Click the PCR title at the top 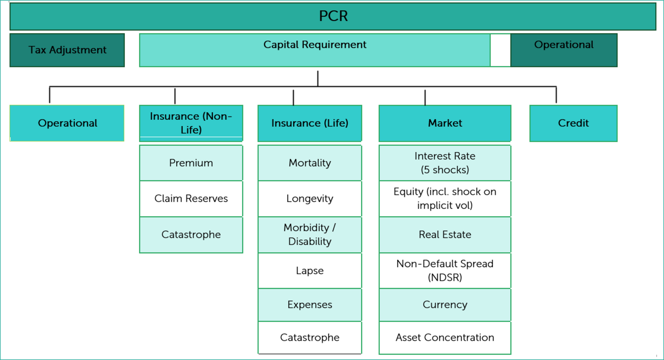coord(333,16)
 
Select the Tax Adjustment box coord(67,50)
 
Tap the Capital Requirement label coord(315,44)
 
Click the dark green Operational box coord(564,50)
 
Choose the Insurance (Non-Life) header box coord(191,123)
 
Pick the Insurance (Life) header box coord(310,123)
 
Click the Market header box coord(445,123)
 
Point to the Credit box coord(573,123)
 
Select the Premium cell coord(191,163)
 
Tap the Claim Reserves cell coord(191,199)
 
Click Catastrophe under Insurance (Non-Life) coord(191,235)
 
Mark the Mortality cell coord(310,163)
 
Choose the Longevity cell coord(310,199)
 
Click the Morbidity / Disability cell coord(310,235)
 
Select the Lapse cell coord(310,271)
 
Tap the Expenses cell coord(310,305)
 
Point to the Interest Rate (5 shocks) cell coord(445,163)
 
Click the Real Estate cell coord(445,235)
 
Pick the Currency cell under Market coord(445,305)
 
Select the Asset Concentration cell coord(445,337)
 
